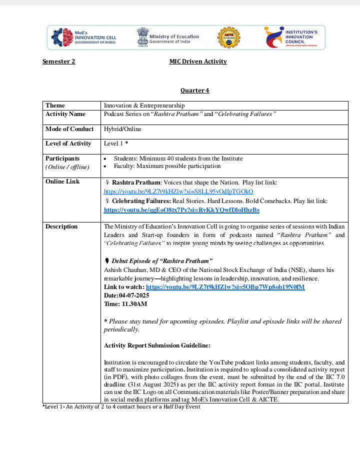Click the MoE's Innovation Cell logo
tap(84, 37)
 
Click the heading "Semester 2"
tap(59, 61)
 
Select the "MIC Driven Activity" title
tap(198, 61)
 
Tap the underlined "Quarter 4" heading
tap(195, 90)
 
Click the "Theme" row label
tap(55, 105)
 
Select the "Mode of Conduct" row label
tap(69, 129)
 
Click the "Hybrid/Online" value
tap(122, 129)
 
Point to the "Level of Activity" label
tap(68, 143)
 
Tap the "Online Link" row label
tap(62, 181)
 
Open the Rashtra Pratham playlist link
tap(178, 191)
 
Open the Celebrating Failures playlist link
tap(181, 210)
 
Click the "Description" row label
tap(61, 226)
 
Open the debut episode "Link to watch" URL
tap(225, 287)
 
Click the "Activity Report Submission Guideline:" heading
tap(157, 345)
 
